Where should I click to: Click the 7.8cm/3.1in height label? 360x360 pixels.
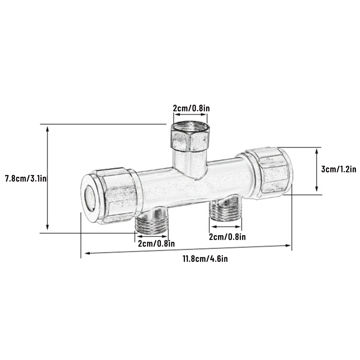pyautogui.click(x=26, y=178)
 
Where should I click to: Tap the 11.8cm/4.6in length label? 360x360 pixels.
pyautogui.click(x=205, y=259)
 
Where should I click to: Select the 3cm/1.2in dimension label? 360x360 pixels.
pyautogui.click(x=339, y=169)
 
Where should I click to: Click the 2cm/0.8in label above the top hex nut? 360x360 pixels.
pyautogui.click(x=191, y=108)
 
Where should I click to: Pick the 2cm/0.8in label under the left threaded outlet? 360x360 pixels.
pyautogui.click(x=156, y=243)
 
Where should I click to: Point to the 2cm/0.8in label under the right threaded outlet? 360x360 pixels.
pyautogui.click(x=227, y=237)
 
